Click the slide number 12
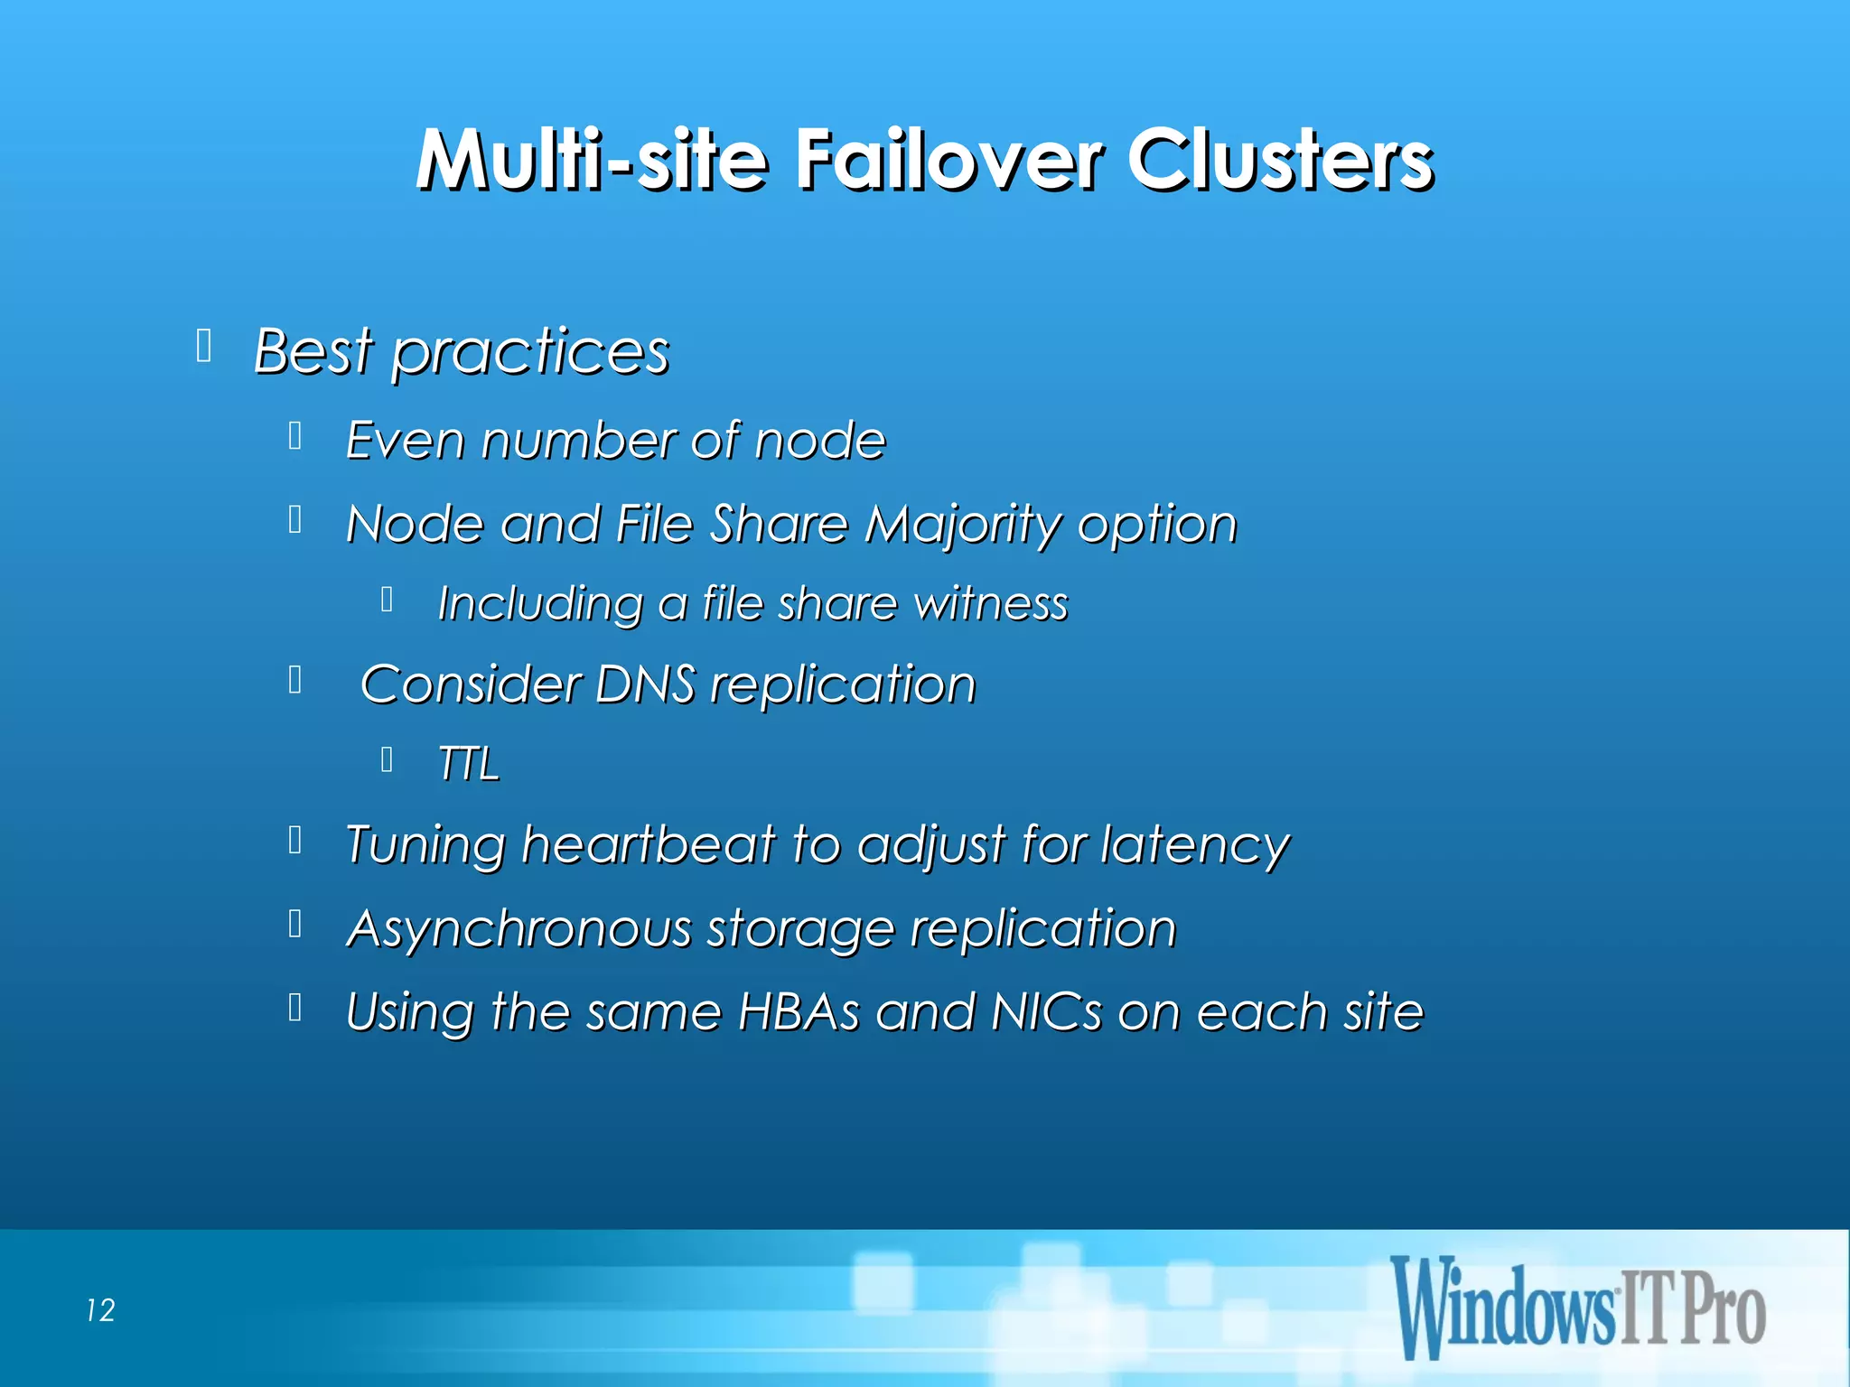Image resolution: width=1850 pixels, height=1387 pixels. (x=101, y=1310)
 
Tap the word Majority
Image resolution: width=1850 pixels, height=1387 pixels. (x=961, y=525)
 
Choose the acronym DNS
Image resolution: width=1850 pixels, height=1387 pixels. (x=645, y=684)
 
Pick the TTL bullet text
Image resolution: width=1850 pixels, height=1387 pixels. (x=468, y=764)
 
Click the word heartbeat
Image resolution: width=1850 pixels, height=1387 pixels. (x=649, y=845)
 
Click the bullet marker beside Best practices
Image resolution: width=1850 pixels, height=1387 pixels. (x=204, y=346)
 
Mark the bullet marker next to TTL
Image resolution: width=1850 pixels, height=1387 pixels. (x=387, y=759)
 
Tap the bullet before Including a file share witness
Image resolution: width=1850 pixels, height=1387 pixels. (x=387, y=599)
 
